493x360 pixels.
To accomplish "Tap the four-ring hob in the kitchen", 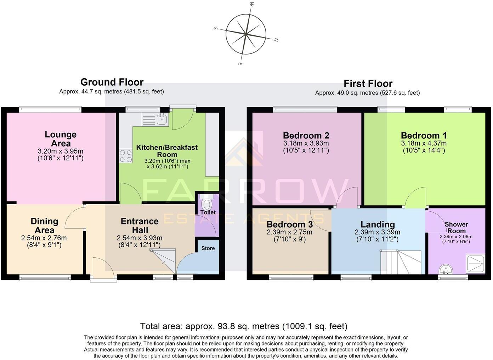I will pyautogui.click(x=126, y=156).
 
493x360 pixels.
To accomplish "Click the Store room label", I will pyautogui.click(x=208, y=248).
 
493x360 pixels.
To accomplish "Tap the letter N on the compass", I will pyautogui.click(x=276, y=40).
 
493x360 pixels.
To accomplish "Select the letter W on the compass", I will pyautogui.click(x=251, y=5).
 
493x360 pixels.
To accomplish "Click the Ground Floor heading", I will pyautogui.click(x=112, y=82).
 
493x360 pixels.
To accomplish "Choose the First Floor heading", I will pyautogui.click(x=368, y=84).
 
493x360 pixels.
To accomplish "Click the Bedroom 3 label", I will pyautogui.click(x=289, y=224).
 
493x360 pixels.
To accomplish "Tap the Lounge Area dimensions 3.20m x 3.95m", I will pyautogui.click(x=61, y=151).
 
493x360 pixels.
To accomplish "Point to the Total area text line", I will pyautogui.click(x=244, y=326).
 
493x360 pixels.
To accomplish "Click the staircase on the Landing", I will pyautogui.click(x=400, y=262).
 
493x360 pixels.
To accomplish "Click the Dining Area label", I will pyautogui.click(x=44, y=225).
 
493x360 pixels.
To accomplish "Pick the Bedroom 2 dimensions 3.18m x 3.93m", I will pyautogui.click(x=306, y=143).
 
